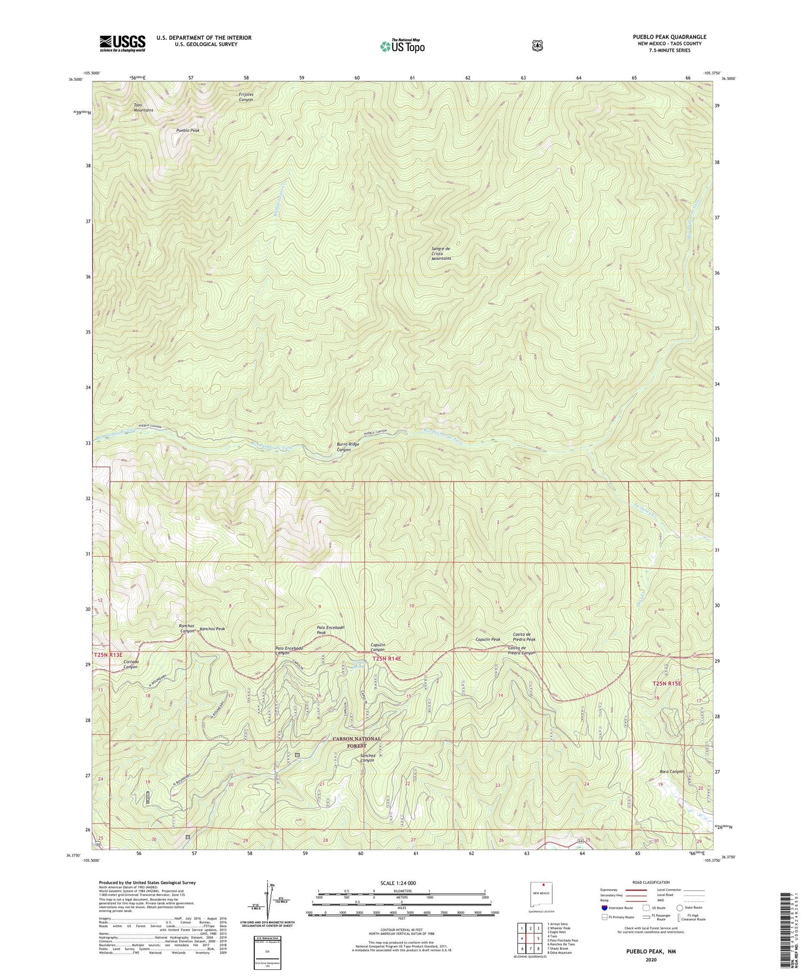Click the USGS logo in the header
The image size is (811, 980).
coord(122,43)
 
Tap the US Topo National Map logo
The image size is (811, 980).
coord(402,45)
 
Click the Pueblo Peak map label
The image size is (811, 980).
coord(187,130)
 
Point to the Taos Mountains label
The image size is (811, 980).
coord(143,108)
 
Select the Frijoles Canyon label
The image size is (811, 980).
coord(246,97)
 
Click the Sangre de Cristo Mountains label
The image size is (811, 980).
coord(441,253)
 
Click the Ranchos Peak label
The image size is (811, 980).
coord(212,629)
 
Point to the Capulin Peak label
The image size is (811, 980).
coord(488,639)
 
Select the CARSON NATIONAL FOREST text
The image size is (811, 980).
coord(356,742)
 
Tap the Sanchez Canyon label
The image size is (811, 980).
coord(368,758)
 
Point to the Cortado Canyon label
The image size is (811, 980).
coord(130,664)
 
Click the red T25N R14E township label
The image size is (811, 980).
coord(387,658)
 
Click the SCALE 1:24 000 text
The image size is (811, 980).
coord(398,883)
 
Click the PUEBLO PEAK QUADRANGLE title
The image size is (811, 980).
coord(662,37)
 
